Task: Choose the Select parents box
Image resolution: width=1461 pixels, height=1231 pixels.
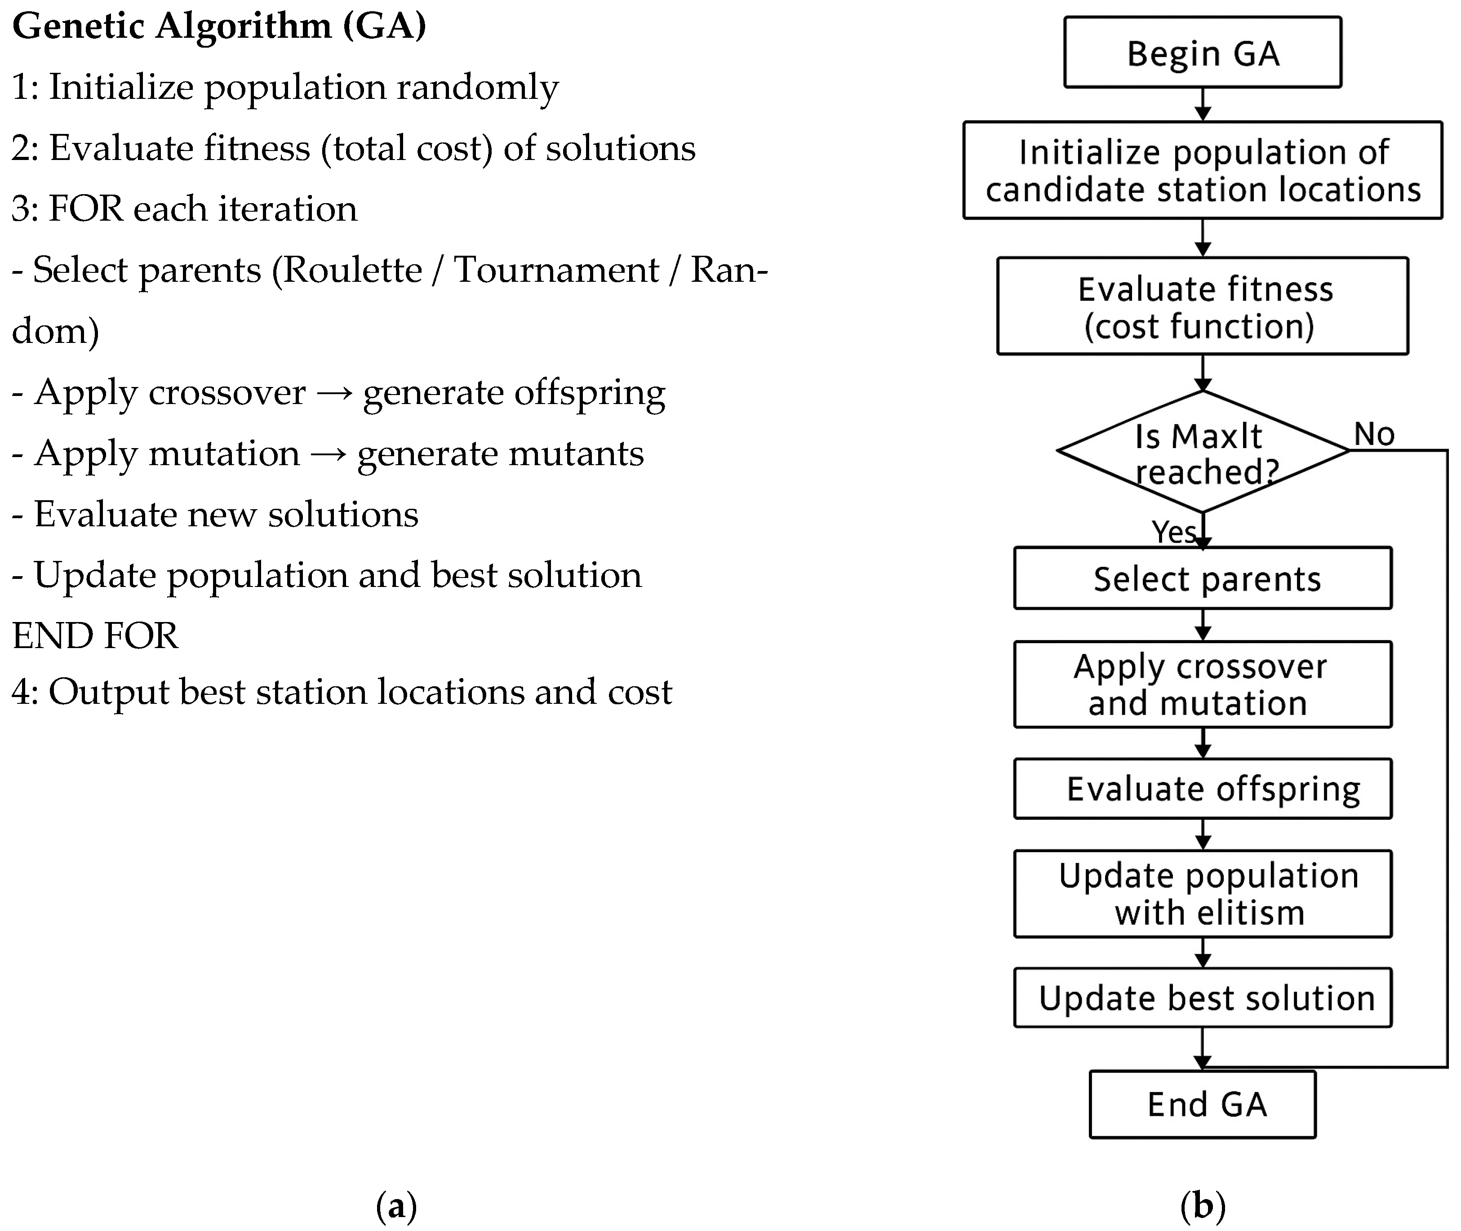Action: click(1202, 578)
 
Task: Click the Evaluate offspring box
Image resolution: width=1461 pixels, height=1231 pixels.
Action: click(1202, 789)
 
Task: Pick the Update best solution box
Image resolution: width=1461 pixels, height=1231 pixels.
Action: click(1202, 998)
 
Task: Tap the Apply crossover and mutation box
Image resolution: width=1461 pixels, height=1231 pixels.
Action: click(1202, 684)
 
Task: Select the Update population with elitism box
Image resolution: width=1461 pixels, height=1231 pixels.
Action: click(1202, 894)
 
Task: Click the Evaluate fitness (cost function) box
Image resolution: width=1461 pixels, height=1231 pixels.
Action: click(1202, 307)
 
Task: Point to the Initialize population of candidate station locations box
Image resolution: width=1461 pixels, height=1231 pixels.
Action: click(1202, 170)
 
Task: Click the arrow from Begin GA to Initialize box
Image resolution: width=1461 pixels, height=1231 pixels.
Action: click(1202, 105)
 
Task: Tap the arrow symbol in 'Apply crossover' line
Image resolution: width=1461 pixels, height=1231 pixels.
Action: click(333, 393)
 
